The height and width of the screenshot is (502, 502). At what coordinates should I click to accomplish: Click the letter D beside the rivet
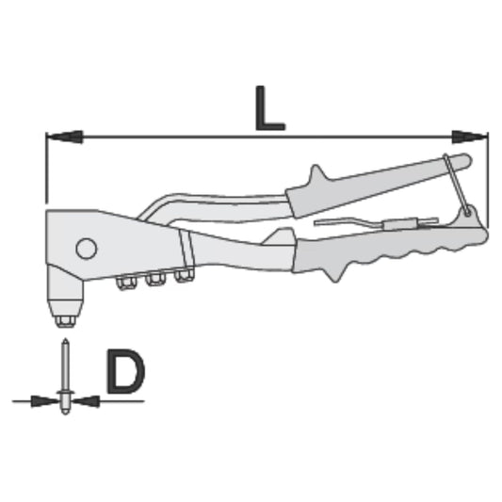(x=124, y=373)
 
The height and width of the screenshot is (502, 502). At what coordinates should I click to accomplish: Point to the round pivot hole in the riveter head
(x=86, y=249)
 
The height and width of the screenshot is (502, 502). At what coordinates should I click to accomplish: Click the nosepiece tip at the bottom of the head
(x=65, y=319)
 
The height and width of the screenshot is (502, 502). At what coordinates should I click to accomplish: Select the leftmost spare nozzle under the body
(x=124, y=282)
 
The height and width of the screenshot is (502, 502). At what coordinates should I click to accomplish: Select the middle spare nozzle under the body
(x=154, y=279)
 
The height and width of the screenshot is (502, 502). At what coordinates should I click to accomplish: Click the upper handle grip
(x=377, y=181)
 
